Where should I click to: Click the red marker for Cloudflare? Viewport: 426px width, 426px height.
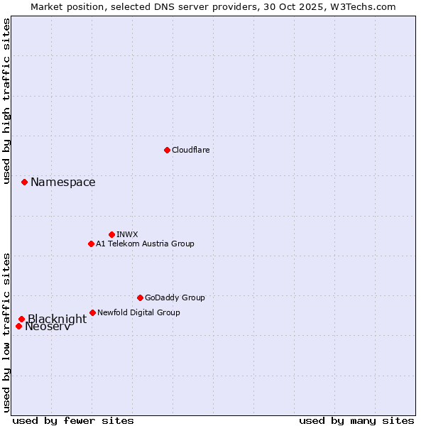tap(167, 150)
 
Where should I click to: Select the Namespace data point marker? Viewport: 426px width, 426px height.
tap(24, 182)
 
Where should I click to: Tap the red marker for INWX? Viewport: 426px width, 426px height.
tap(111, 234)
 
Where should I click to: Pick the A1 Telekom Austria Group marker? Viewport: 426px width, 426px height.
tap(91, 244)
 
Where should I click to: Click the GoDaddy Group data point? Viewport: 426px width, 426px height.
tap(140, 297)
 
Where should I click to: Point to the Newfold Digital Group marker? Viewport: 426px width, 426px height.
tap(92, 312)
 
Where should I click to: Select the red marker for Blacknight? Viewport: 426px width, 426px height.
tap(21, 319)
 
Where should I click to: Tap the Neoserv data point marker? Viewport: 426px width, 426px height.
tap(18, 327)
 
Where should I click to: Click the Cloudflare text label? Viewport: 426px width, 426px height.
tap(190, 150)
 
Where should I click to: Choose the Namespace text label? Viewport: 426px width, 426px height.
tap(62, 182)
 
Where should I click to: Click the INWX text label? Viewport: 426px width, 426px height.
tap(127, 234)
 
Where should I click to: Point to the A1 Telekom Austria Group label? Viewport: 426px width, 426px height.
tap(145, 244)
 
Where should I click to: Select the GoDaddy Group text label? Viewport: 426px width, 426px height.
tap(175, 297)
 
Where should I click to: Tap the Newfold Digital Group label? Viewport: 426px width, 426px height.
tap(138, 312)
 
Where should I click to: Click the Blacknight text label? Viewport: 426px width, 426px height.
tap(57, 319)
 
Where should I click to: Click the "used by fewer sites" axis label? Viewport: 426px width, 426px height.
tap(73, 420)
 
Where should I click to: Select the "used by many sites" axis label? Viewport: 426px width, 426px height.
tap(356, 420)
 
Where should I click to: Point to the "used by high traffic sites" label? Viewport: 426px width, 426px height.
tap(7, 101)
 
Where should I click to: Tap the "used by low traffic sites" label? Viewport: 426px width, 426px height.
tap(7, 332)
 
